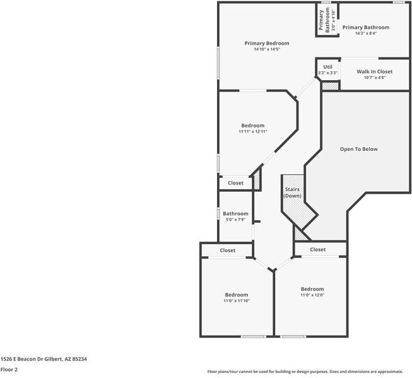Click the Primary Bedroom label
pos(267,43)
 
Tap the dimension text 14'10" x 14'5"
pos(267,49)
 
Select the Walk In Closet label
pos(375,72)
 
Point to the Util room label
pos(327,67)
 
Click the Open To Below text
pos(358,149)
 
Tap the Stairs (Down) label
pos(292,192)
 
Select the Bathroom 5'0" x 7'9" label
pos(235,213)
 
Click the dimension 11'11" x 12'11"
pos(252,131)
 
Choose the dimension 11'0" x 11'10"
pos(237,301)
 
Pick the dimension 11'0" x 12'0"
pos(312,295)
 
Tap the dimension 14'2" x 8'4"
pos(365,33)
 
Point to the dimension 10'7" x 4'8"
pos(375,78)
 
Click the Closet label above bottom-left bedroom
pos(228,251)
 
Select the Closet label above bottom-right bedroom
pos(318,249)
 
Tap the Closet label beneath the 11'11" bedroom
pos(235,183)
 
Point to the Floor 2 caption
pos(9,370)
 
